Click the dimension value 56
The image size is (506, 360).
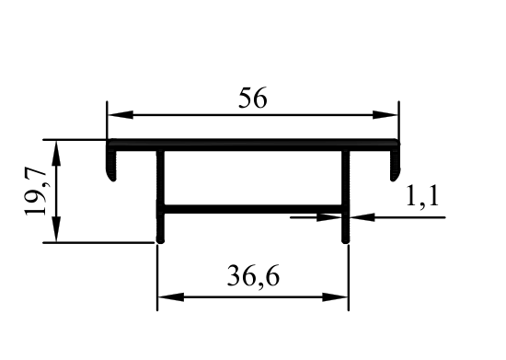(253, 98)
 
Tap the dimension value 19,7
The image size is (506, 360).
(36, 192)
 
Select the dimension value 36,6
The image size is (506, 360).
(253, 275)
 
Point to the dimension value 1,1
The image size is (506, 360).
(422, 196)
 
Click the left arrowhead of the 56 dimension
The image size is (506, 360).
(120, 114)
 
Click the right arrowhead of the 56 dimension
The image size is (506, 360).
(385, 114)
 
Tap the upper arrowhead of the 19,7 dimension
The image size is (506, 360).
(56, 153)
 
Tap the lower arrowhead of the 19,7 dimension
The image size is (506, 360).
(56, 229)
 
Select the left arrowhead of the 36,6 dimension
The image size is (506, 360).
(171, 297)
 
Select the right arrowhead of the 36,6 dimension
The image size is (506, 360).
(335, 297)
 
